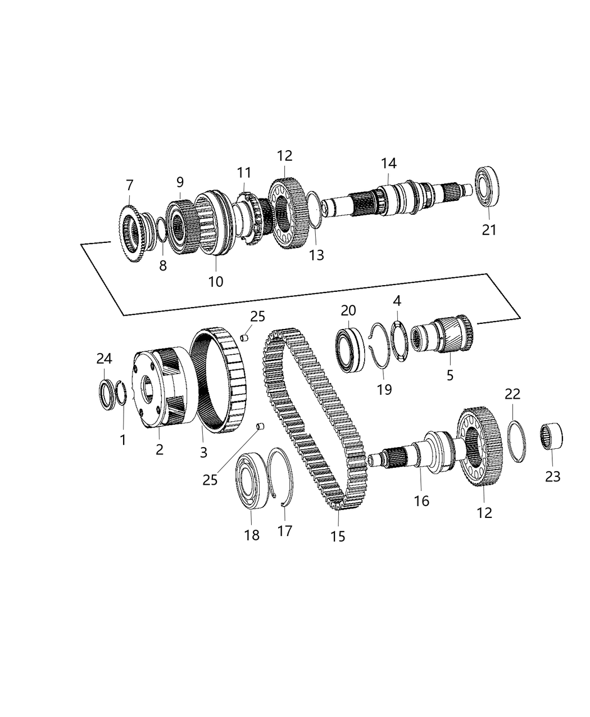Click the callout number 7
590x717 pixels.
[130, 184]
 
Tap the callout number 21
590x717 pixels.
[489, 229]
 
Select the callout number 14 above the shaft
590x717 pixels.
[388, 163]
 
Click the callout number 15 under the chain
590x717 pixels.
[338, 536]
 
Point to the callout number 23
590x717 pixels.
[552, 476]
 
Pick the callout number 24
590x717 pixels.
[105, 359]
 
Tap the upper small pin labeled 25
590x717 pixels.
[244, 337]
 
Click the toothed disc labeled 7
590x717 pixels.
[133, 233]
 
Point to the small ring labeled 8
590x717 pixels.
[160, 229]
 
